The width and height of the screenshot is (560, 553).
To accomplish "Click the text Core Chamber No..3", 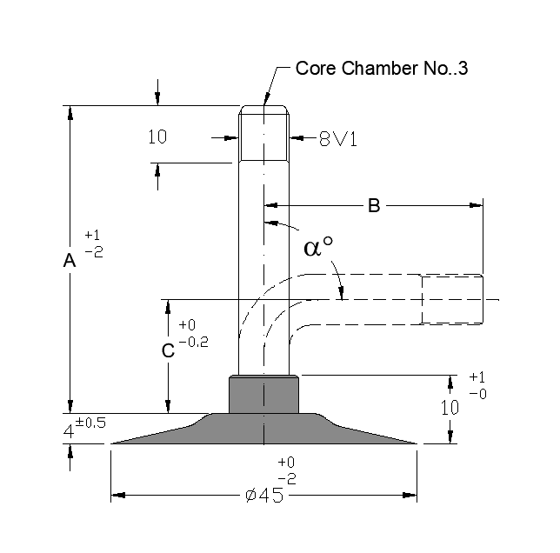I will coord(382,69).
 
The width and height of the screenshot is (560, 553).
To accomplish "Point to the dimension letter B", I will coord(373,206).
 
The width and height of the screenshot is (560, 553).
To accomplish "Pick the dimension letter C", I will coord(169,350).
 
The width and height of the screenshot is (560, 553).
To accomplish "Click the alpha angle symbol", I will coord(318,247).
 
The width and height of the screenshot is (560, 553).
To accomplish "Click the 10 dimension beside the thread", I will coord(157,137).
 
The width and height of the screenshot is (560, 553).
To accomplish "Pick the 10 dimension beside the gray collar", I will coord(450,408).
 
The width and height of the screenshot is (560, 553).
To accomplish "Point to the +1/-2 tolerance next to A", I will coord(94,243).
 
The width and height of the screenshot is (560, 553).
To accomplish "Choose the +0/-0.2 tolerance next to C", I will coord(193,334).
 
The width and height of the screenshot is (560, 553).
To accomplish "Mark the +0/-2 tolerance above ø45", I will coord(287,470).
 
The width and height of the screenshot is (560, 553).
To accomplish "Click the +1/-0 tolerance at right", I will coord(477,384).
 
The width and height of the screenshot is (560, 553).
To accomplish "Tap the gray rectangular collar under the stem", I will coord(263,394).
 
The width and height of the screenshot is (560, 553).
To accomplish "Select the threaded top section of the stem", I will coord(264,135).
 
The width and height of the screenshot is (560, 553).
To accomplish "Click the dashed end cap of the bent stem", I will coord(452,299).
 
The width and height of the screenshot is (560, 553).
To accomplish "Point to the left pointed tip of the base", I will coord(113,443).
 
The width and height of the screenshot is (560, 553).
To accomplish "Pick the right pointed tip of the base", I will coord(417,443).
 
